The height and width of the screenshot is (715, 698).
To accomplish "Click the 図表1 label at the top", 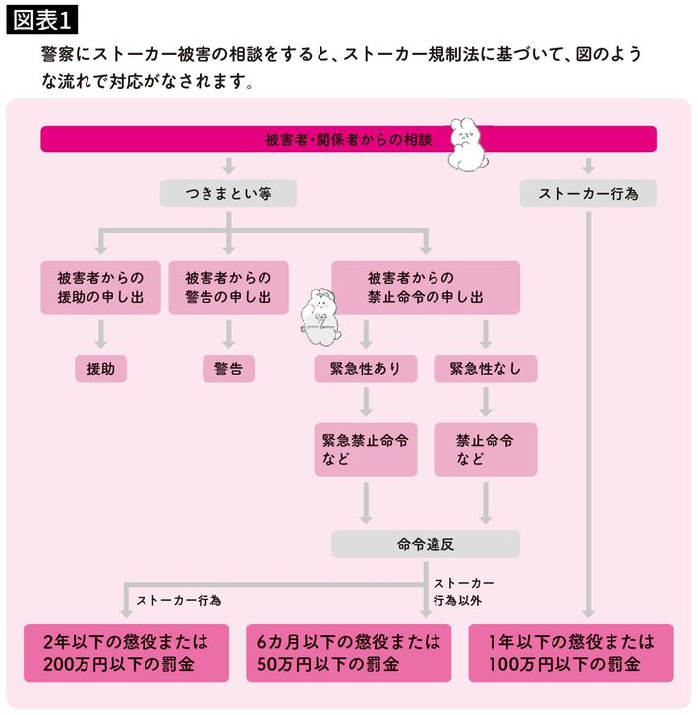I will coord(44,19).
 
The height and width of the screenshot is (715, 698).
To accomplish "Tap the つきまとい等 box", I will coord(228,194).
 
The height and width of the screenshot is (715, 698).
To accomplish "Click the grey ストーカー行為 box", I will coord(588,194).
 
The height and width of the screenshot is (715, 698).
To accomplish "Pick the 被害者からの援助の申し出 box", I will coord(100,287).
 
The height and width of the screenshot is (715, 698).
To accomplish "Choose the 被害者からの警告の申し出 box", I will coord(228,287).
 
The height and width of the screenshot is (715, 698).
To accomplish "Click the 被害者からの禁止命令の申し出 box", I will coord(425,287).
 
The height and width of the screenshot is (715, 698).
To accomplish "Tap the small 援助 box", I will coord(100,369).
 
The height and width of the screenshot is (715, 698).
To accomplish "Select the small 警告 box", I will coord(228,369).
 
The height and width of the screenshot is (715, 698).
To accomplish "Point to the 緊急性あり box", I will coord(365,369).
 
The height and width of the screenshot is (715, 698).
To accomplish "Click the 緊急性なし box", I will coord(486,369).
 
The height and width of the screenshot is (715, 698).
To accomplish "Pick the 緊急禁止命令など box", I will coord(365,449).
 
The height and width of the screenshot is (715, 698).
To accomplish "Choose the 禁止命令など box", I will coord(486,449).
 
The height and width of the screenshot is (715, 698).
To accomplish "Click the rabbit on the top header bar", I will coord(471,145).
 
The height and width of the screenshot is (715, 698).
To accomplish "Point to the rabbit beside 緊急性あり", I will coord(322,317).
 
